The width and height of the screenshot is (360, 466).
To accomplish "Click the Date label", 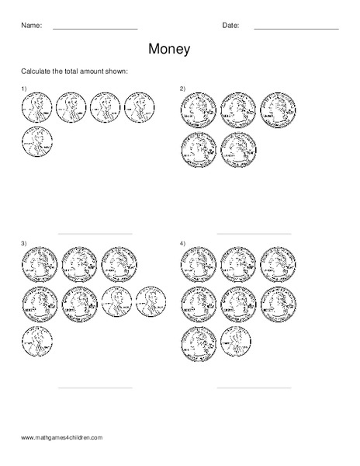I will tap(230, 26).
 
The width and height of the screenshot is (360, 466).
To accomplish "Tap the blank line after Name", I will tap(95, 29).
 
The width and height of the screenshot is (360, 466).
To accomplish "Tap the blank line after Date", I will tap(296, 29).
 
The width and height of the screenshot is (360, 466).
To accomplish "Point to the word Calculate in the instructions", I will tap(36, 71).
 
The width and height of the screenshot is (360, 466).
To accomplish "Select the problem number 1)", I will tap(23, 89).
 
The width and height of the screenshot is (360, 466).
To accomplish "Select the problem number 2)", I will tap(182, 89).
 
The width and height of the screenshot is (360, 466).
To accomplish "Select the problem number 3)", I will tap(23, 244).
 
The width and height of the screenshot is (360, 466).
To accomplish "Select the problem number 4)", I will tap(182, 244).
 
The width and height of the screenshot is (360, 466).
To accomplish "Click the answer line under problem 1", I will tap(95, 233).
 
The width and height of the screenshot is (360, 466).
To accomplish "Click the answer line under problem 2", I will tap(254, 233).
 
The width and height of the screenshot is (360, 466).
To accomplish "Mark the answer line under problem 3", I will tap(95, 388).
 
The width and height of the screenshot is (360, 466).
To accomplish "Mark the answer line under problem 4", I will tap(254, 388).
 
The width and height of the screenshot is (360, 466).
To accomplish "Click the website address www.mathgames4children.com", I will tap(61, 438).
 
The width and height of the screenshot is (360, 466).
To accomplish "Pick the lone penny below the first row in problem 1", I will tap(36, 144).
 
